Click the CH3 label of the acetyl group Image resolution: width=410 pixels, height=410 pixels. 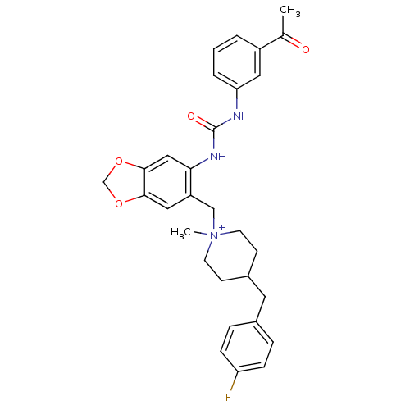click(290, 11)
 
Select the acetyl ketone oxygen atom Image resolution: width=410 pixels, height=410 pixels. click(306, 49)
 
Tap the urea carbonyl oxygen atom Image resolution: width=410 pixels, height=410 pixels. click(191, 116)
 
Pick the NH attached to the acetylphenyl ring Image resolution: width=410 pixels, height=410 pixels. click(241, 116)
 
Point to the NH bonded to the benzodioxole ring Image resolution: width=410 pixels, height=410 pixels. click(218, 157)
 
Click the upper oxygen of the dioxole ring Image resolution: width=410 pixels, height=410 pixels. click(119, 162)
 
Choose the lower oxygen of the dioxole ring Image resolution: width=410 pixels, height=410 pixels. click(119, 203)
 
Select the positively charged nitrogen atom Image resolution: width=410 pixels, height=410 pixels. click(214, 235)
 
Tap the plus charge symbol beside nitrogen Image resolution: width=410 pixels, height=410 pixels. click(222, 227)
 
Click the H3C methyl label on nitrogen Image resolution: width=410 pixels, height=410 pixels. click(181, 233)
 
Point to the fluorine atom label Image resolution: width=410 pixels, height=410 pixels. click(228, 397)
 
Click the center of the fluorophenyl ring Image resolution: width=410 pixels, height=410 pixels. click(247, 347)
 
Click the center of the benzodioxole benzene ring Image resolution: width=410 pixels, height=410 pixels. click(167, 182)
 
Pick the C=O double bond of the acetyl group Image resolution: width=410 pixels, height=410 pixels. click(292, 40)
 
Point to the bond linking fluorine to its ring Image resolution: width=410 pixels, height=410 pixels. click(234, 382)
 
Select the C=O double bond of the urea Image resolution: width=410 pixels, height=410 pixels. click(204, 123)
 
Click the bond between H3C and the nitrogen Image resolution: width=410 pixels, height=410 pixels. click(200, 233)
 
